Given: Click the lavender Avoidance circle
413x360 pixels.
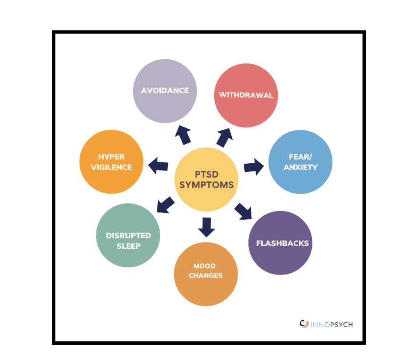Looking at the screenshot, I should pos(165,91).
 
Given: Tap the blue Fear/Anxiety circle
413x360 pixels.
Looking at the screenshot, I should pos(300,162).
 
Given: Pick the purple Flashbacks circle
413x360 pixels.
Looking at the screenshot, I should pos(280,243).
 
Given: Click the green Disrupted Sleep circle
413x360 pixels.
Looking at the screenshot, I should pos(128,235).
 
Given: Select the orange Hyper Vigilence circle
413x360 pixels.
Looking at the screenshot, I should pos(111,162).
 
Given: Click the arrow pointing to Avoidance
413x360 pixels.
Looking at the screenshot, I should pos(182,135).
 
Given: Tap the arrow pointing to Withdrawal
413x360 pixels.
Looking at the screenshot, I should pos(225,137).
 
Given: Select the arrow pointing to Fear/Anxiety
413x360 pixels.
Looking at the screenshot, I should pos(253,167).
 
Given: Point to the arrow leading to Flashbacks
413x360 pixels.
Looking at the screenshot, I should pos(243,211).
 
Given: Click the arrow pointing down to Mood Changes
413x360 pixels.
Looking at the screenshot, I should pos(206,227).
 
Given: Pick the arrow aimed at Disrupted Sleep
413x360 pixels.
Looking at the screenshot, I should pos(165,205).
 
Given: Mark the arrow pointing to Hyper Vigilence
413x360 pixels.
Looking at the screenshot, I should pos(158,166).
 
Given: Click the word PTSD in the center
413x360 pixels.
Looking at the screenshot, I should pos(206,174).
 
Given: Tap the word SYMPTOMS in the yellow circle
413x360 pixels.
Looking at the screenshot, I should pos(206,185).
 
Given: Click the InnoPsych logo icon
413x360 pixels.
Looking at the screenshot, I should pos(304,324).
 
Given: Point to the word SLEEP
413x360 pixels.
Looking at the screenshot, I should pos(128,246).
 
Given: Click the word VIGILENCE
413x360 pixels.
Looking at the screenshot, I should pos(111,167).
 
